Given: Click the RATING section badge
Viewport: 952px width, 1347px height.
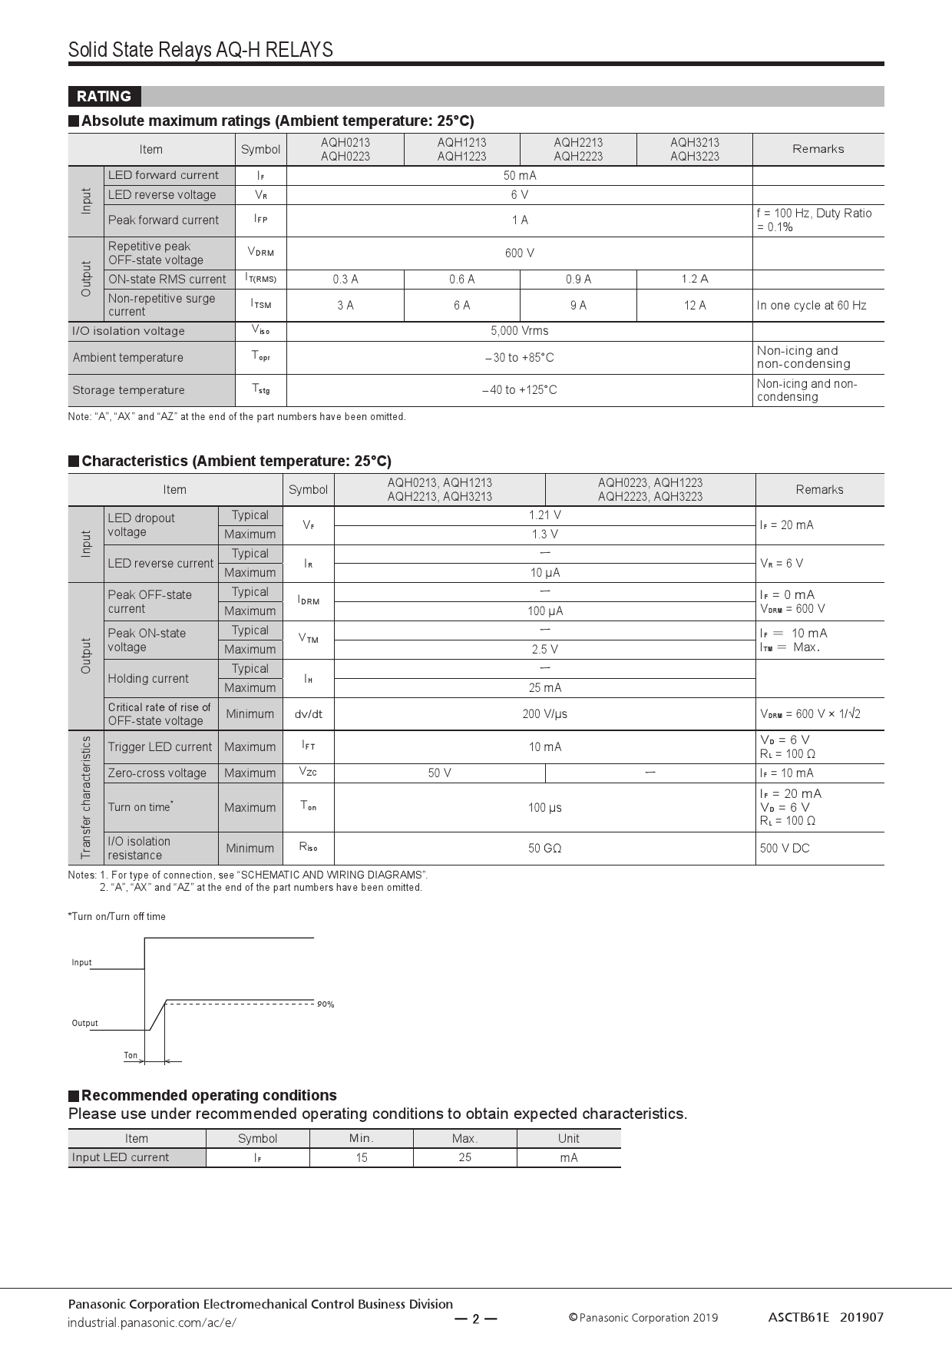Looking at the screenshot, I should [104, 97].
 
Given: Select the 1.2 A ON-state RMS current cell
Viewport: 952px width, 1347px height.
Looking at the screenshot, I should [694, 280].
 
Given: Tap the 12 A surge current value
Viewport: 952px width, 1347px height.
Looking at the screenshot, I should [694, 306].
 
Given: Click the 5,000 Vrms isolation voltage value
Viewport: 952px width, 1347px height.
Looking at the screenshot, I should [520, 331].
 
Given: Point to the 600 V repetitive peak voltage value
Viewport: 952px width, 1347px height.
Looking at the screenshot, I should [520, 253].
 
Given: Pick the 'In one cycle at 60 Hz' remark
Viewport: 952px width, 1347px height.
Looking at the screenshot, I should [812, 306].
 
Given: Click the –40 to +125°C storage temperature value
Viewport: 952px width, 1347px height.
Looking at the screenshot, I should [520, 390].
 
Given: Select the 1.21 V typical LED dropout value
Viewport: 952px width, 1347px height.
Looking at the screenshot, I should [544, 515].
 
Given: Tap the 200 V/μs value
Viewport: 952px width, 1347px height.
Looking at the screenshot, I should [544, 714].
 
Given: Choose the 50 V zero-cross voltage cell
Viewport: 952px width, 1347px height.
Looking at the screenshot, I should [439, 773].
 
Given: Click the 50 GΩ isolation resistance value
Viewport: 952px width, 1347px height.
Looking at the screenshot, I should [544, 849].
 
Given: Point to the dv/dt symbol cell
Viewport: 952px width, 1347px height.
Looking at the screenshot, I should [308, 714].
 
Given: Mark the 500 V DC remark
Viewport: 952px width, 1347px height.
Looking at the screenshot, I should [785, 849].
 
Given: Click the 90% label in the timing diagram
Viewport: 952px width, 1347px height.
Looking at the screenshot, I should [326, 1004].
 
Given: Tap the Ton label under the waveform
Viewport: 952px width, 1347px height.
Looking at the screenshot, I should [131, 1055].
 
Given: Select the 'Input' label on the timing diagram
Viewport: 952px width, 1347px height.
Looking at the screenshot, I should [81, 962].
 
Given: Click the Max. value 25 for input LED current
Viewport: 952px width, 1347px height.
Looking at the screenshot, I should [464, 1157].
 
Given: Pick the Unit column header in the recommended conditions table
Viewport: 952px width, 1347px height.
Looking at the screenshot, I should [568, 1138].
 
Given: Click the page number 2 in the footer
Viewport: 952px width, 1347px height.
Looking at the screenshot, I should [475, 1319].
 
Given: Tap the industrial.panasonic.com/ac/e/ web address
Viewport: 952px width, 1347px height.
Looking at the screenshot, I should [152, 1322].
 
